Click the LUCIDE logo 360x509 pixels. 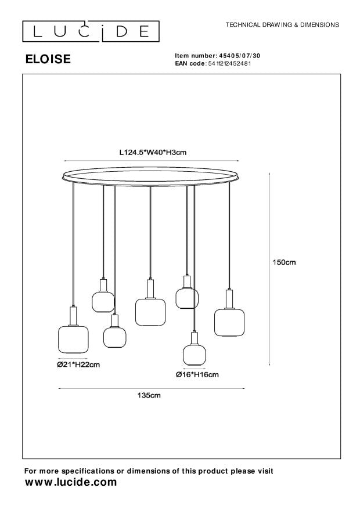91,31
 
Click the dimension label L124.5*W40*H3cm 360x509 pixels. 152,153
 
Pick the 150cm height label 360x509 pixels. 285,262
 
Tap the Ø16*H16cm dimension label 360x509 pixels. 197,374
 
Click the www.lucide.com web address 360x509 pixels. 70,482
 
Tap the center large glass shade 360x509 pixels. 150,311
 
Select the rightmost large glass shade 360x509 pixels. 228,322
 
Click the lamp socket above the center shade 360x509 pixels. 150,288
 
